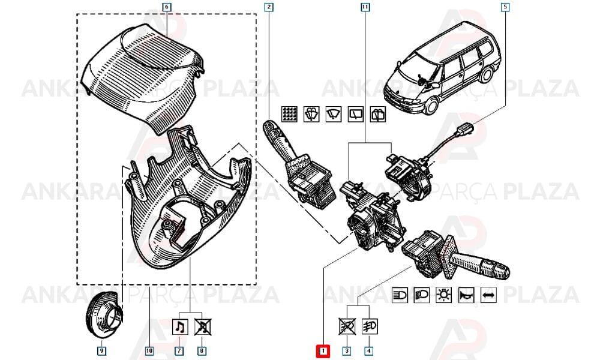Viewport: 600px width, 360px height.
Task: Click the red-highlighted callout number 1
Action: (323, 351)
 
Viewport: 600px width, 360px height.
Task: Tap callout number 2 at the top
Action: (269, 7)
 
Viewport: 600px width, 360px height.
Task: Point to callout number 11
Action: (365, 7)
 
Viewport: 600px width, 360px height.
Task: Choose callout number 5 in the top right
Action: (505, 7)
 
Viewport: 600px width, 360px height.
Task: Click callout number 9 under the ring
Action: (101, 350)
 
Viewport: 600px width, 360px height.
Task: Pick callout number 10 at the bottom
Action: (149, 350)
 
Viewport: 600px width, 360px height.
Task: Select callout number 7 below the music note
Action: (179, 350)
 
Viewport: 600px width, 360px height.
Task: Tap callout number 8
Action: (202, 350)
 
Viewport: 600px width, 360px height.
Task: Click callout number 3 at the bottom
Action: (347, 350)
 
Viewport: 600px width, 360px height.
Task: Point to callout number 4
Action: (368, 350)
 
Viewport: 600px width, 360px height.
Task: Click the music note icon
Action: (180, 327)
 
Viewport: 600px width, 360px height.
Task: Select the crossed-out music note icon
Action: (203, 327)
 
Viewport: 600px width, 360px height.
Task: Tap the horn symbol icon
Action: (466, 295)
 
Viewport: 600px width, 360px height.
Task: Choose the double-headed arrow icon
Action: (488, 295)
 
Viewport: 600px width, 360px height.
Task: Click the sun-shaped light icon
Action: (444, 295)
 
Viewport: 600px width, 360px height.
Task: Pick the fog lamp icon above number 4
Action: (370, 327)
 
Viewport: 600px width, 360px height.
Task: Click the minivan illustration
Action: (442, 69)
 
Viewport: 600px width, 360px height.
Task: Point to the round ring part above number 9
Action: (104, 314)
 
